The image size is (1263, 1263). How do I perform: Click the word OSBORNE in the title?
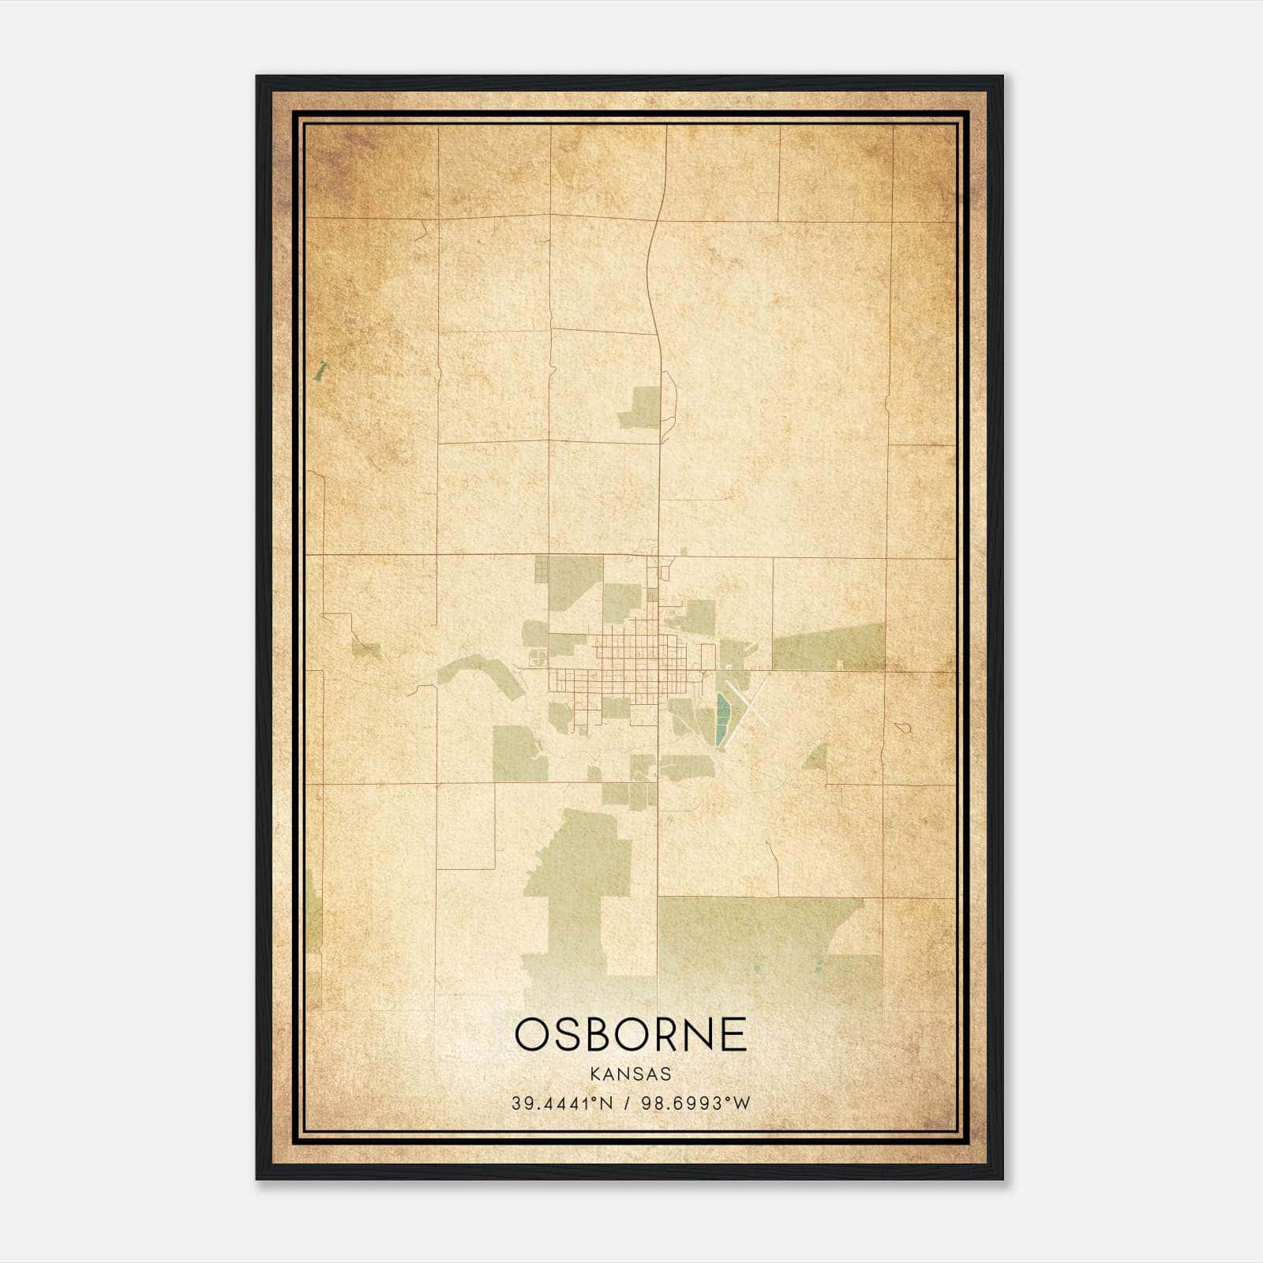(x=631, y=1035)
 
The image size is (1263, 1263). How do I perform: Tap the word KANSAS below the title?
(x=631, y=1074)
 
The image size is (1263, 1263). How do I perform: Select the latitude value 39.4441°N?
(x=561, y=1104)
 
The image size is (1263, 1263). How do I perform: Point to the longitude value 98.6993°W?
(x=694, y=1104)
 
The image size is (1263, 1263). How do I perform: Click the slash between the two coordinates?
(x=627, y=1104)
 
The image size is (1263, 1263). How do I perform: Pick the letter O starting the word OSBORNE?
(x=534, y=1035)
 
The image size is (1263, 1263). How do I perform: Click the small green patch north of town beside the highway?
(x=642, y=408)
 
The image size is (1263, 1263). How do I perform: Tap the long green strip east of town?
(x=829, y=648)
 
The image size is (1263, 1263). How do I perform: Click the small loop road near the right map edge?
(x=906, y=727)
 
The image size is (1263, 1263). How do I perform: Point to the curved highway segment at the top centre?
(x=652, y=268)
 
